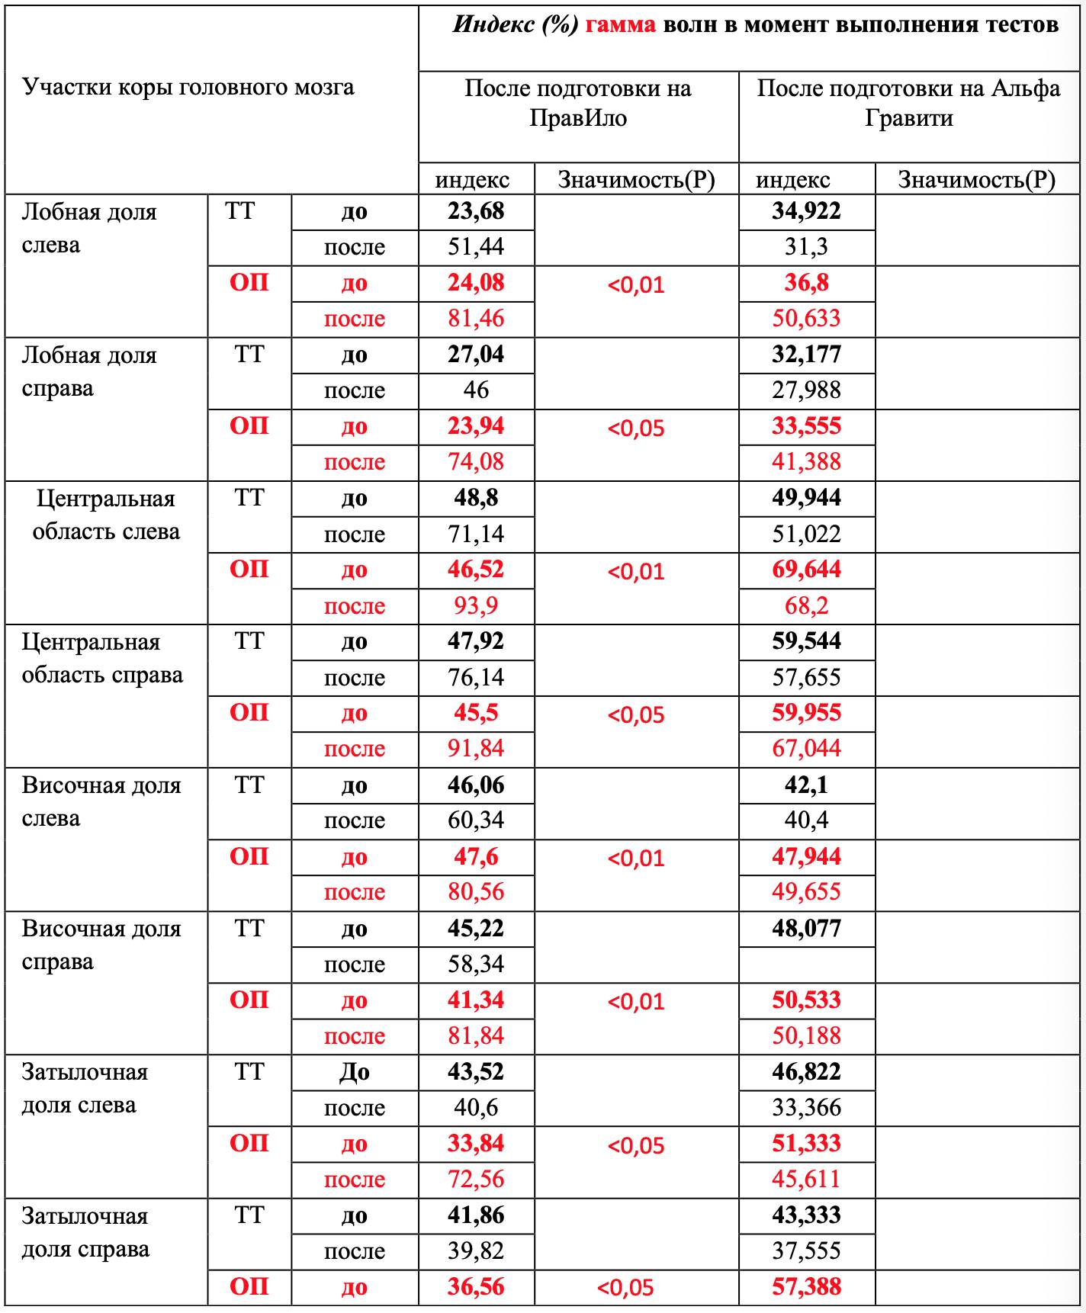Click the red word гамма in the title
620,25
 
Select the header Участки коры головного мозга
188,88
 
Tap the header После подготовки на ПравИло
578,103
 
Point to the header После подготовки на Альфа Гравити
908,103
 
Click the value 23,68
476,211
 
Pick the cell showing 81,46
476,319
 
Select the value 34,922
806,211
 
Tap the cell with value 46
476,390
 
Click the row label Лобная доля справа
89,372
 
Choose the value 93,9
476,606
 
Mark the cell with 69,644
806,570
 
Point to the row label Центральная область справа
102,659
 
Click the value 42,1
806,785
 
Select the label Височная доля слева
101,801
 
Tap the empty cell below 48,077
806,965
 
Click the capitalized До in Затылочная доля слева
354,1073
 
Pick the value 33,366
806,1108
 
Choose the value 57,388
806,1287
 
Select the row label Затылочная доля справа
85,1232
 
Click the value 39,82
476,1251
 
